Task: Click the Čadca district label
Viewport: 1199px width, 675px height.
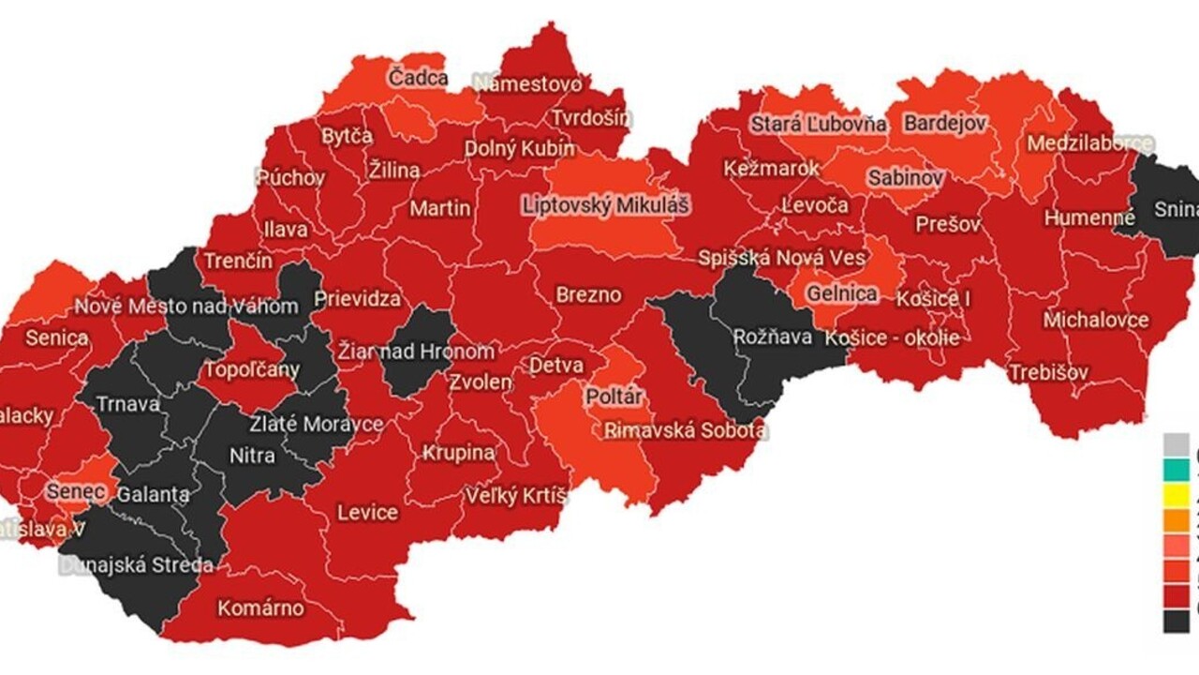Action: tap(419, 79)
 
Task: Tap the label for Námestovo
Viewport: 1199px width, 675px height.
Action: tap(527, 83)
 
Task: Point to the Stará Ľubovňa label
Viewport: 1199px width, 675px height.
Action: tap(818, 124)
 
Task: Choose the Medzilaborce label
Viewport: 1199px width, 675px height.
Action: tap(1089, 143)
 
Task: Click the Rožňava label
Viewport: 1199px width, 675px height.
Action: tap(772, 337)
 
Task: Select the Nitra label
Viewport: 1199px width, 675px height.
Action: tap(252, 457)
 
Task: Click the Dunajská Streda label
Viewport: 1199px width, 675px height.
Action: tap(136, 565)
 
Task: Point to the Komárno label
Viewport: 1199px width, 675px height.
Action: tap(260, 608)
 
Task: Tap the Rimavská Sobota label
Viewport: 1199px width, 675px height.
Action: tap(686, 430)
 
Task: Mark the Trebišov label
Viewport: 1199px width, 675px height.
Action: tap(1048, 372)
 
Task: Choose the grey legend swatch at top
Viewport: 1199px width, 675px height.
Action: tap(1177, 443)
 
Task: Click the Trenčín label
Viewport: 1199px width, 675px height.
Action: tap(238, 261)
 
